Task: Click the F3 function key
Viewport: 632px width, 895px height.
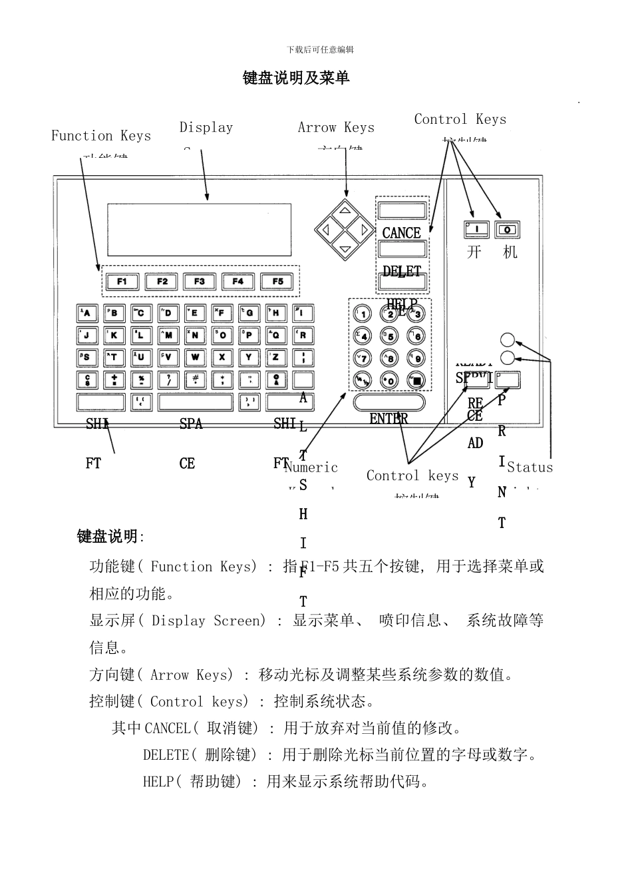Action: (x=200, y=281)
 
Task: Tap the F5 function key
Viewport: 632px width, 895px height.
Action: (x=277, y=281)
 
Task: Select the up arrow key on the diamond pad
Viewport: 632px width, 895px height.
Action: (x=345, y=212)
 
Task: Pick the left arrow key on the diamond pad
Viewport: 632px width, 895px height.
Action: (x=327, y=230)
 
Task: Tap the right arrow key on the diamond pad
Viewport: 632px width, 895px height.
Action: (x=364, y=230)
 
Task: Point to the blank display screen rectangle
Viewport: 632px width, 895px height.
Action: (x=200, y=230)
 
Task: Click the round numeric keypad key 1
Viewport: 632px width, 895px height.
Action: (x=362, y=314)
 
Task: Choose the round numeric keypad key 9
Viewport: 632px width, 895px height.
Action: (x=416, y=358)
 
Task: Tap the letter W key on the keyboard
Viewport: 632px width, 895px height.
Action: (x=195, y=357)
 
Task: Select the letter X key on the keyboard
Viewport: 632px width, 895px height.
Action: (x=222, y=357)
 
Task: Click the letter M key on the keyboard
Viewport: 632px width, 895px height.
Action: (x=168, y=335)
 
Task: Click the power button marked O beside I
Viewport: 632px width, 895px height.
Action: (x=508, y=230)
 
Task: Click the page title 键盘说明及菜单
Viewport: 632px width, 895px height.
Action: (x=296, y=78)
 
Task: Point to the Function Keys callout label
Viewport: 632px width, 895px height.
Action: (x=101, y=136)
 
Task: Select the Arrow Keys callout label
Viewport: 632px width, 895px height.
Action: (x=336, y=127)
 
